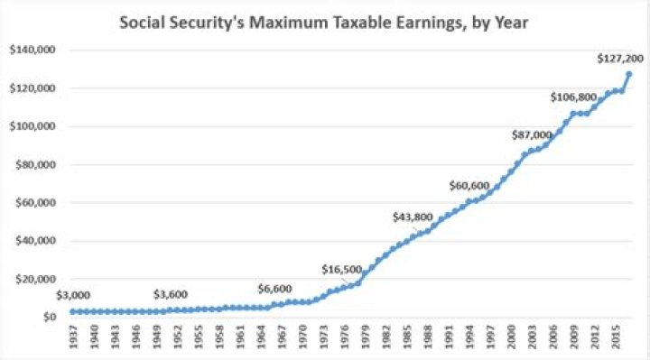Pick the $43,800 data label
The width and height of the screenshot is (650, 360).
tap(413, 217)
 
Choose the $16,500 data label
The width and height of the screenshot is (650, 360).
tap(342, 269)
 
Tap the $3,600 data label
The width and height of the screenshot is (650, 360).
tap(172, 294)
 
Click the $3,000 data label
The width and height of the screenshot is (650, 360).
tap(73, 294)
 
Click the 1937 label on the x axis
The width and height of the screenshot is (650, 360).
tap(73, 336)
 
